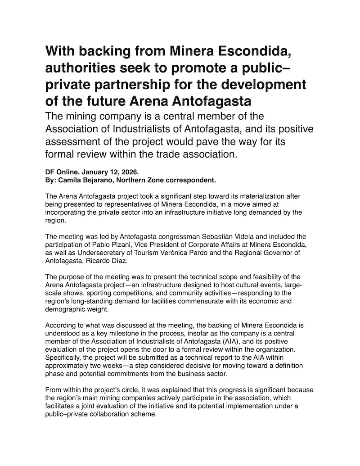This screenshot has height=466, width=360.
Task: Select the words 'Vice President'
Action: point(145,245)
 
